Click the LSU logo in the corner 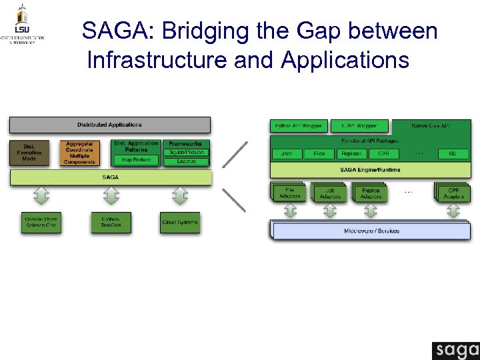click(22, 23)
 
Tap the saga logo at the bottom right click(455, 351)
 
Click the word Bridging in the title click(201, 31)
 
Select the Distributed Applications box click(109, 125)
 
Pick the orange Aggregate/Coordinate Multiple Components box click(80, 153)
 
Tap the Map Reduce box click(136, 160)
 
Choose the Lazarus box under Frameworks click(185, 161)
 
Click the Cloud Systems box click(180, 223)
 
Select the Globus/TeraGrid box click(111, 223)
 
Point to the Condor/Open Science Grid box click(41, 223)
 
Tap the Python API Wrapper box click(298, 126)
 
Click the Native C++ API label click(431, 126)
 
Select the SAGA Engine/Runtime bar click(370, 169)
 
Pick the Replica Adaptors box click(371, 193)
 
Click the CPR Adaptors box click(453, 193)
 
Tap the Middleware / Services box click(371, 231)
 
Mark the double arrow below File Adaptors click(290, 211)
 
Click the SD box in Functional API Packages click(452, 154)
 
